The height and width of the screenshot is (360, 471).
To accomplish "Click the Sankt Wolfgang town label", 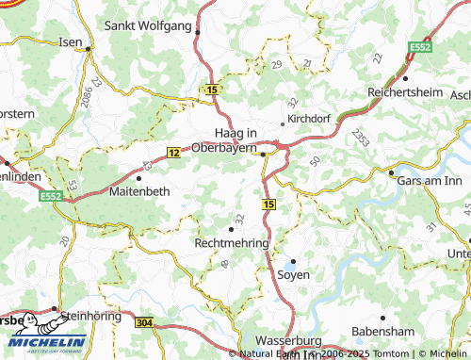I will point(152,25).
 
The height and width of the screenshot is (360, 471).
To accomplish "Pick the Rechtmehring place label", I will point(231,243).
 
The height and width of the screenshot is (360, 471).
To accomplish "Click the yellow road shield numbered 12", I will point(173,151).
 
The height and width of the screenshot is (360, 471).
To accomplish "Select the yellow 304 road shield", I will point(143,322).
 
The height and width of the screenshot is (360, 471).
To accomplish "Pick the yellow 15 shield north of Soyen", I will point(269,204).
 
